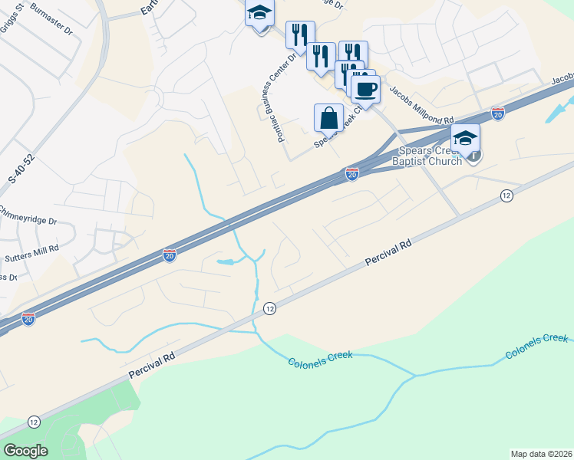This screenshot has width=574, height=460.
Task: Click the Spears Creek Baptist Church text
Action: [427, 156]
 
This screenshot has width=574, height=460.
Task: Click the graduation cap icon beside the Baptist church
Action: [465, 139]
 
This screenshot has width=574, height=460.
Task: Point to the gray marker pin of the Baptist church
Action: [476, 156]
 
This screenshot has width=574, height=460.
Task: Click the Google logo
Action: [25, 451]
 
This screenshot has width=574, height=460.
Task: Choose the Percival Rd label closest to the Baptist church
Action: [389, 252]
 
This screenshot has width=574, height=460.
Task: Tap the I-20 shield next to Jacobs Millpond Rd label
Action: [498, 112]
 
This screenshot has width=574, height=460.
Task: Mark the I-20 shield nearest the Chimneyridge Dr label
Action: [170, 255]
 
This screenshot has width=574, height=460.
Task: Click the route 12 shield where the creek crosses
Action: [269, 308]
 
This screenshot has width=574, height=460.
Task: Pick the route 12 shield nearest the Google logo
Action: [34, 422]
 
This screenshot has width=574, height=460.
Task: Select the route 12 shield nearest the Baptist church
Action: [506, 195]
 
